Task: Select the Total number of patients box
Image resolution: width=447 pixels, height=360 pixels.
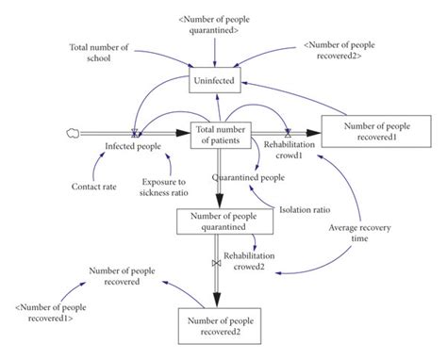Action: (x=222, y=135)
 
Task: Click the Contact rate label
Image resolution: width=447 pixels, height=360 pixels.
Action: (x=94, y=187)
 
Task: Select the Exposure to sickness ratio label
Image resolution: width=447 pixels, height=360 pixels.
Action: (x=166, y=186)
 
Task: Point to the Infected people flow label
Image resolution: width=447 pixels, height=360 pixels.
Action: (x=132, y=147)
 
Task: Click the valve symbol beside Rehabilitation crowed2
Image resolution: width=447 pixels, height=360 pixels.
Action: (x=217, y=261)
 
